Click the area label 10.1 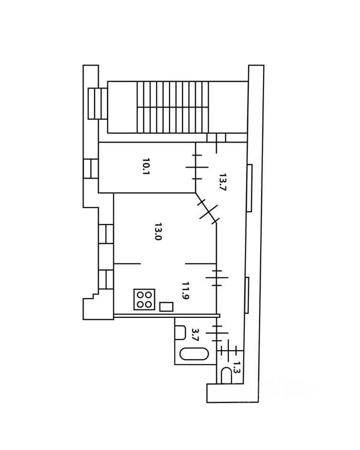146,166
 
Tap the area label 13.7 223,182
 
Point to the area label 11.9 186,291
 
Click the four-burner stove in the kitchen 144,300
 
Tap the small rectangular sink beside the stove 166,307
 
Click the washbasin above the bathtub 180,332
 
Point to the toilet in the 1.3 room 226,375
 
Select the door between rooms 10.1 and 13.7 197,167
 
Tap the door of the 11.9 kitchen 217,277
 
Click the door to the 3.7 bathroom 217,333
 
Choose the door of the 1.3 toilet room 229,351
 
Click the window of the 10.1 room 91,168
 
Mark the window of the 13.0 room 106,234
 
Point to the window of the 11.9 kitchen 106,279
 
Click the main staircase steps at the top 172,107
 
